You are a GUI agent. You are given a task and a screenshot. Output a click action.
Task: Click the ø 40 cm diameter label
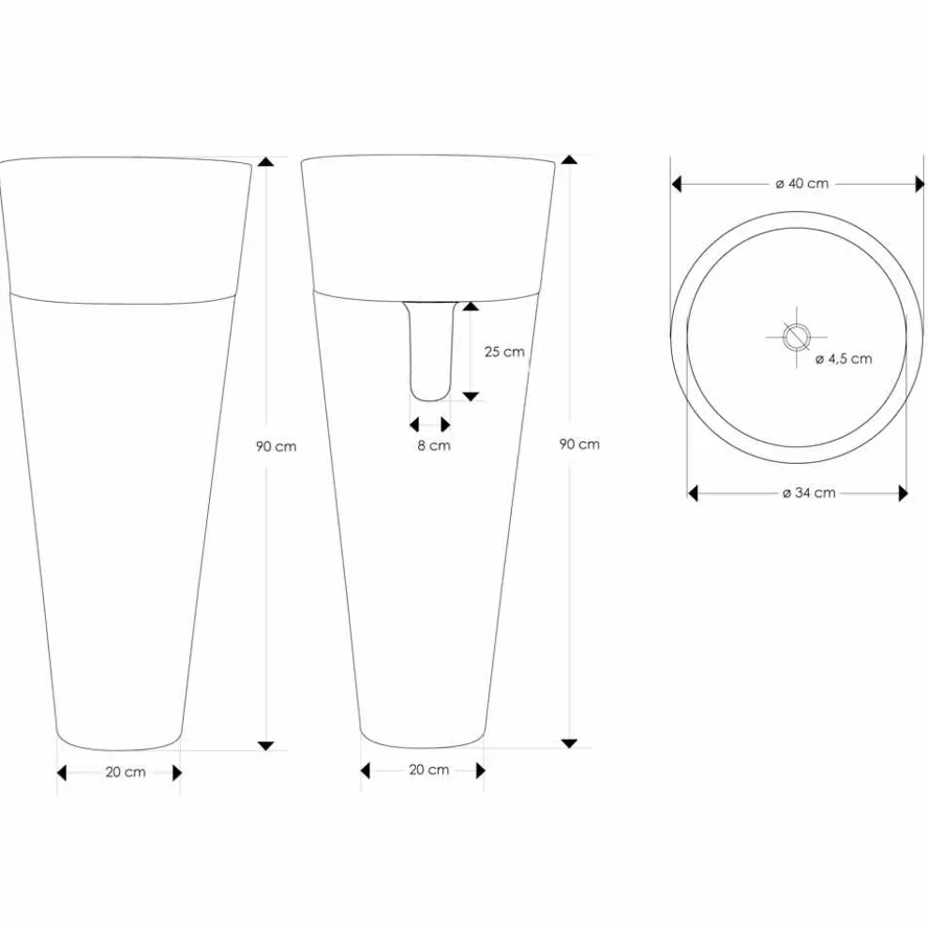click(801, 184)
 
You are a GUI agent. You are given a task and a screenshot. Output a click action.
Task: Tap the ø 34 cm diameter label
click(808, 493)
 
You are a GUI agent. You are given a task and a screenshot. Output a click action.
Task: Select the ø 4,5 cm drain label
click(844, 358)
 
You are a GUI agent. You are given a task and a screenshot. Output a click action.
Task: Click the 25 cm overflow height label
click(504, 352)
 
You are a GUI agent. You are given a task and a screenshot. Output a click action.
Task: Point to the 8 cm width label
click(433, 445)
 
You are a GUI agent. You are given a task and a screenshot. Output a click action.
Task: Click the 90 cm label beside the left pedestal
click(276, 446)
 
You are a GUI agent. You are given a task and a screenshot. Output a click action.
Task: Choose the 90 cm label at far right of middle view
click(579, 444)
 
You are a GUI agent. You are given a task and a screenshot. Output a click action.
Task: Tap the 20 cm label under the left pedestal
click(125, 772)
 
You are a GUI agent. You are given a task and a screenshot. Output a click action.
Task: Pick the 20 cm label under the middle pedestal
click(428, 770)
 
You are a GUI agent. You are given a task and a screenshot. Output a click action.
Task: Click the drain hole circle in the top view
click(796, 335)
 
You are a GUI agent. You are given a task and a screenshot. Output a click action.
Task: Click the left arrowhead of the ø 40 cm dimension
click(677, 185)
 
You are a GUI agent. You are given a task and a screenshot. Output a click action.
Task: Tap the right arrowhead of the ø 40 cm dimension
click(920, 185)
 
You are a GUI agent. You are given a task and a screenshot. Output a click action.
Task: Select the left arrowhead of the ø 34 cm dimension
click(694, 493)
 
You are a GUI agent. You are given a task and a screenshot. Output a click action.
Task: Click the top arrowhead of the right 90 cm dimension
click(569, 160)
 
